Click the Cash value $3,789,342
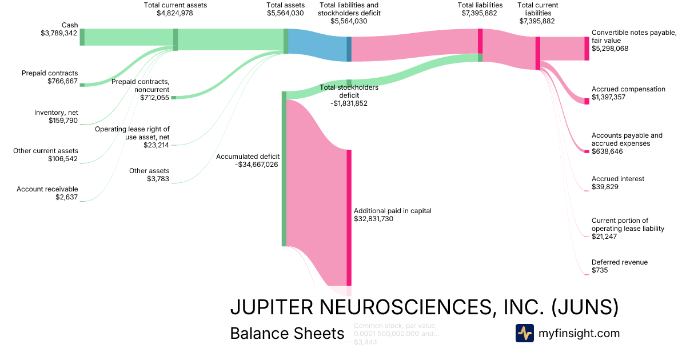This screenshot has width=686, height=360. (x=55, y=33)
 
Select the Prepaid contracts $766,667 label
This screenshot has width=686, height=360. (x=50, y=77)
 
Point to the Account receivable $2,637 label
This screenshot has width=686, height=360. (x=47, y=193)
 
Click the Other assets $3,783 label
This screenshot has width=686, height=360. (x=149, y=175)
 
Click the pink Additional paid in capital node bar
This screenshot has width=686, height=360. (x=349, y=217)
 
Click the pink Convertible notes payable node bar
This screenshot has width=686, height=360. (x=587, y=49)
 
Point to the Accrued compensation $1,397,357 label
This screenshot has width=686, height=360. (x=628, y=93)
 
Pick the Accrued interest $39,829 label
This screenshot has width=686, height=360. (x=617, y=183)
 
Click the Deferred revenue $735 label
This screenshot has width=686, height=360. (x=620, y=266)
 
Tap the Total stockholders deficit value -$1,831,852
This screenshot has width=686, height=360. (x=349, y=103)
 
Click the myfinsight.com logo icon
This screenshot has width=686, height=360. (x=524, y=333)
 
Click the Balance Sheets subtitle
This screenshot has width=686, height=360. (x=287, y=334)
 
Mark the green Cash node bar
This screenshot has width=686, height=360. (x=82, y=37)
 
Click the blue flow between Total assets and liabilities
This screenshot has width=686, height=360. (x=317, y=45)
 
